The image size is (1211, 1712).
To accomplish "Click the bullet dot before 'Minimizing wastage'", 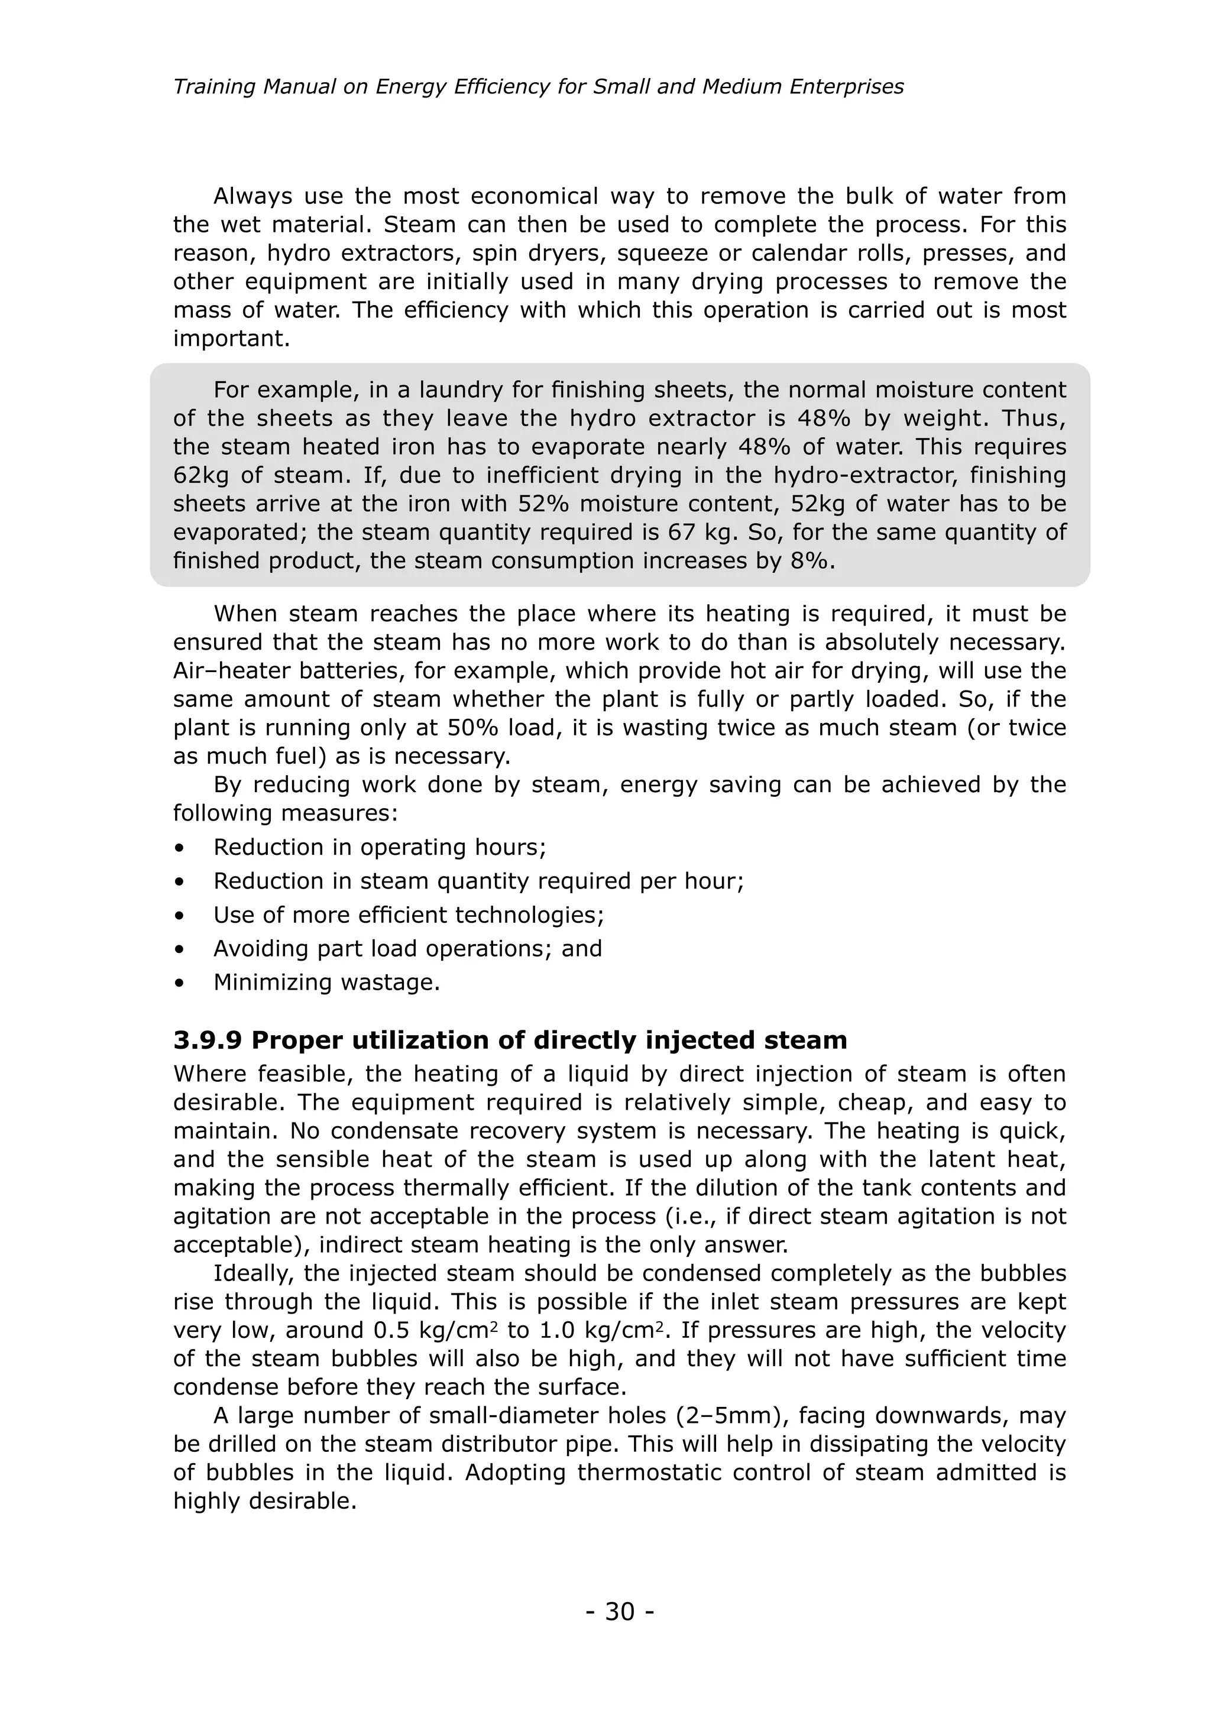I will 179,983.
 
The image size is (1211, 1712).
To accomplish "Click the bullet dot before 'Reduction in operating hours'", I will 179,848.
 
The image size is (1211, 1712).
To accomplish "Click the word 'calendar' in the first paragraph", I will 788,253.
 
